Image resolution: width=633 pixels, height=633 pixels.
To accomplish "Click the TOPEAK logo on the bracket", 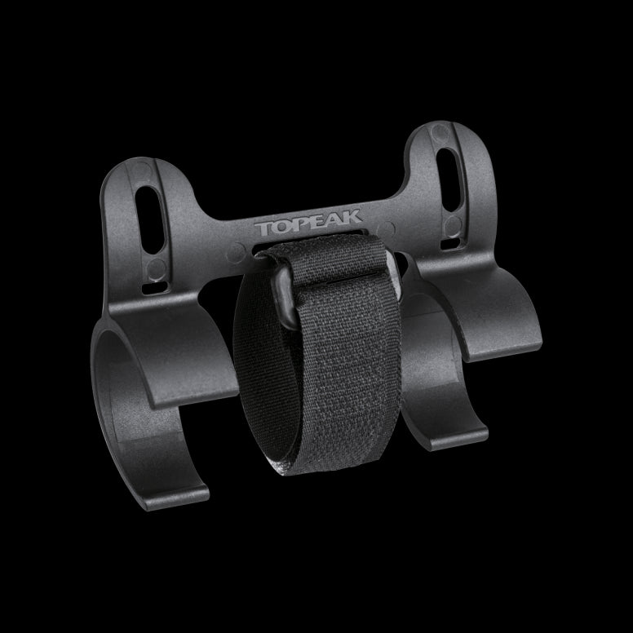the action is click(x=308, y=223).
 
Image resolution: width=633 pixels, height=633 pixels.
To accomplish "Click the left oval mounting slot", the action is click(x=150, y=220).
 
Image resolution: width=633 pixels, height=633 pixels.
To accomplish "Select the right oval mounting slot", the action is click(x=449, y=179).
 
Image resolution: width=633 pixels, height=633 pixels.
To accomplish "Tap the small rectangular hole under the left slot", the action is click(x=155, y=287).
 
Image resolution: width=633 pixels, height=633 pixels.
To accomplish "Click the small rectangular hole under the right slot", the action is click(x=451, y=243).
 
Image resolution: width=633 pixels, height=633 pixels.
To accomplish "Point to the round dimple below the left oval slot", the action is click(x=156, y=269).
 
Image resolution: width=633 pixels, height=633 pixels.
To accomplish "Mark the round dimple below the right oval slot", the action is click(x=453, y=226).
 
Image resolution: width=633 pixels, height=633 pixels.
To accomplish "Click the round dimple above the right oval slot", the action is click(x=440, y=132).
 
